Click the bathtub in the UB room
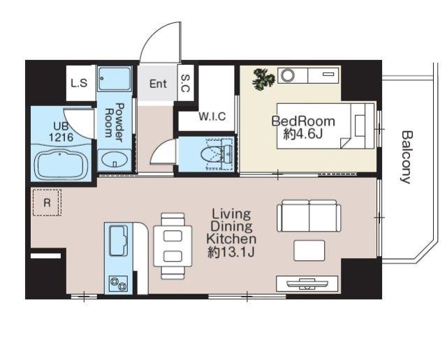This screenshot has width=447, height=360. (61, 165)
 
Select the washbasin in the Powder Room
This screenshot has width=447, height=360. (115, 160)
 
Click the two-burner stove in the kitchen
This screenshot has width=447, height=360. (119, 284)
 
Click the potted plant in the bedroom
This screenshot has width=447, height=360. (263, 79)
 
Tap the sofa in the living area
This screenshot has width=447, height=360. (309, 216)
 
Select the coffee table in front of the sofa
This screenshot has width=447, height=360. (309, 250)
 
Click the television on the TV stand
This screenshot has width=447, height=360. (307, 284)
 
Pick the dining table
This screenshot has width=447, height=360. (173, 246)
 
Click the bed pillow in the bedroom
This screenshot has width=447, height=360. (360, 126)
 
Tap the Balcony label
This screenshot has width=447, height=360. (406, 157)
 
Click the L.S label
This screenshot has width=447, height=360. (79, 83)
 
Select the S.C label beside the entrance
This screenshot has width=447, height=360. (185, 83)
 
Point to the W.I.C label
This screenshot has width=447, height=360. (212, 117)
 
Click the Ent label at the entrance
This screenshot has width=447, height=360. (159, 84)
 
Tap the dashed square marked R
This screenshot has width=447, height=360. (47, 202)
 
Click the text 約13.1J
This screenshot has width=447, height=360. (231, 252)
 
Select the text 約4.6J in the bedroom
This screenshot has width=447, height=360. (302, 134)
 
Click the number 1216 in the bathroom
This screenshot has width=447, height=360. (61, 137)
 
